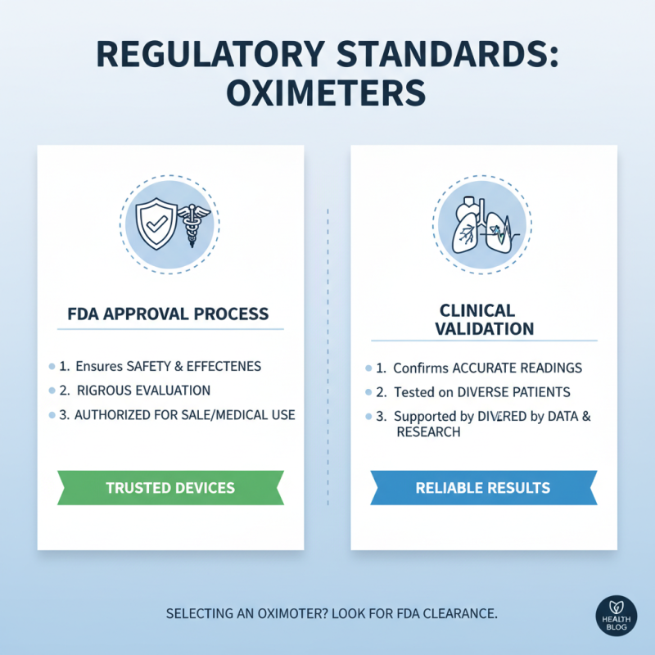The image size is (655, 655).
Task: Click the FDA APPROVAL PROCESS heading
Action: (170, 314)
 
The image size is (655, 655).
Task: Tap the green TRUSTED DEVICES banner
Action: (170, 487)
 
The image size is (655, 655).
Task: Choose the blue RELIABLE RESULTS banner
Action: (483, 488)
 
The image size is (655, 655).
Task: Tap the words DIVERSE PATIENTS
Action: (515, 392)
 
